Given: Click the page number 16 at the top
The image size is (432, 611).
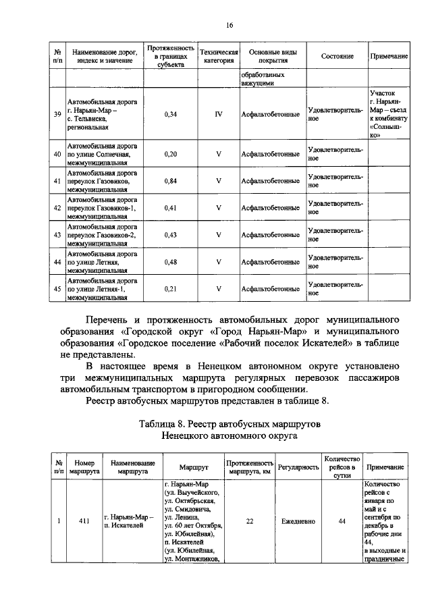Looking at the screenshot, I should pyautogui.click(x=230, y=25).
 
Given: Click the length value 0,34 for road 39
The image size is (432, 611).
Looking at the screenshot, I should pyautogui.click(x=170, y=114).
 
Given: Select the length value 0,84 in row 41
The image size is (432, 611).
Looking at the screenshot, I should pyautogui.click(x=170, y=181).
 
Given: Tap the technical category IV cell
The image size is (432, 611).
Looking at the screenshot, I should pyautogui.click(x=219, y=114).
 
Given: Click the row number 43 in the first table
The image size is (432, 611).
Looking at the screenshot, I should pyautogui.click(x=57, y=234).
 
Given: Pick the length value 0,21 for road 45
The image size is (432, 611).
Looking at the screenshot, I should pyautogui.click(x=170, y=288).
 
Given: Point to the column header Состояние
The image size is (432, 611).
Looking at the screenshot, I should pyautogui.click(x=337, y=56).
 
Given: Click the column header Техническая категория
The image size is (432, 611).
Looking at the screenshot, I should pyautogui.click(x=219, y=56).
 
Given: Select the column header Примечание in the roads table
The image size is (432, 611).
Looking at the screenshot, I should pyautogui.click(x=389, y=56).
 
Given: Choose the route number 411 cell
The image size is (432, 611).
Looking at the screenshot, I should pyautogui.click(x=84, y=521).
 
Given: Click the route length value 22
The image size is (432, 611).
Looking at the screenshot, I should pyautogui.click(x=249, y=521).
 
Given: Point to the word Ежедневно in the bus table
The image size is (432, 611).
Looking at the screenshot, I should pyautogui.click(x=298, y=521).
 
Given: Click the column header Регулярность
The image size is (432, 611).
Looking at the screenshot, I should pyautogui.click(x=298, y=467).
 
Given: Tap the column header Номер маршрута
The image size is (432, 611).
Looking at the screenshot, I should pyautogui.click(x=84, y=467).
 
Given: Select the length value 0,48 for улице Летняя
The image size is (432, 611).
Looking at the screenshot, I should pyautogui.click(x=170, y=261).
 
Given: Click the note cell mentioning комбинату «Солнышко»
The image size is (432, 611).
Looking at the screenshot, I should pyautogui.click(x=389, y=114).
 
